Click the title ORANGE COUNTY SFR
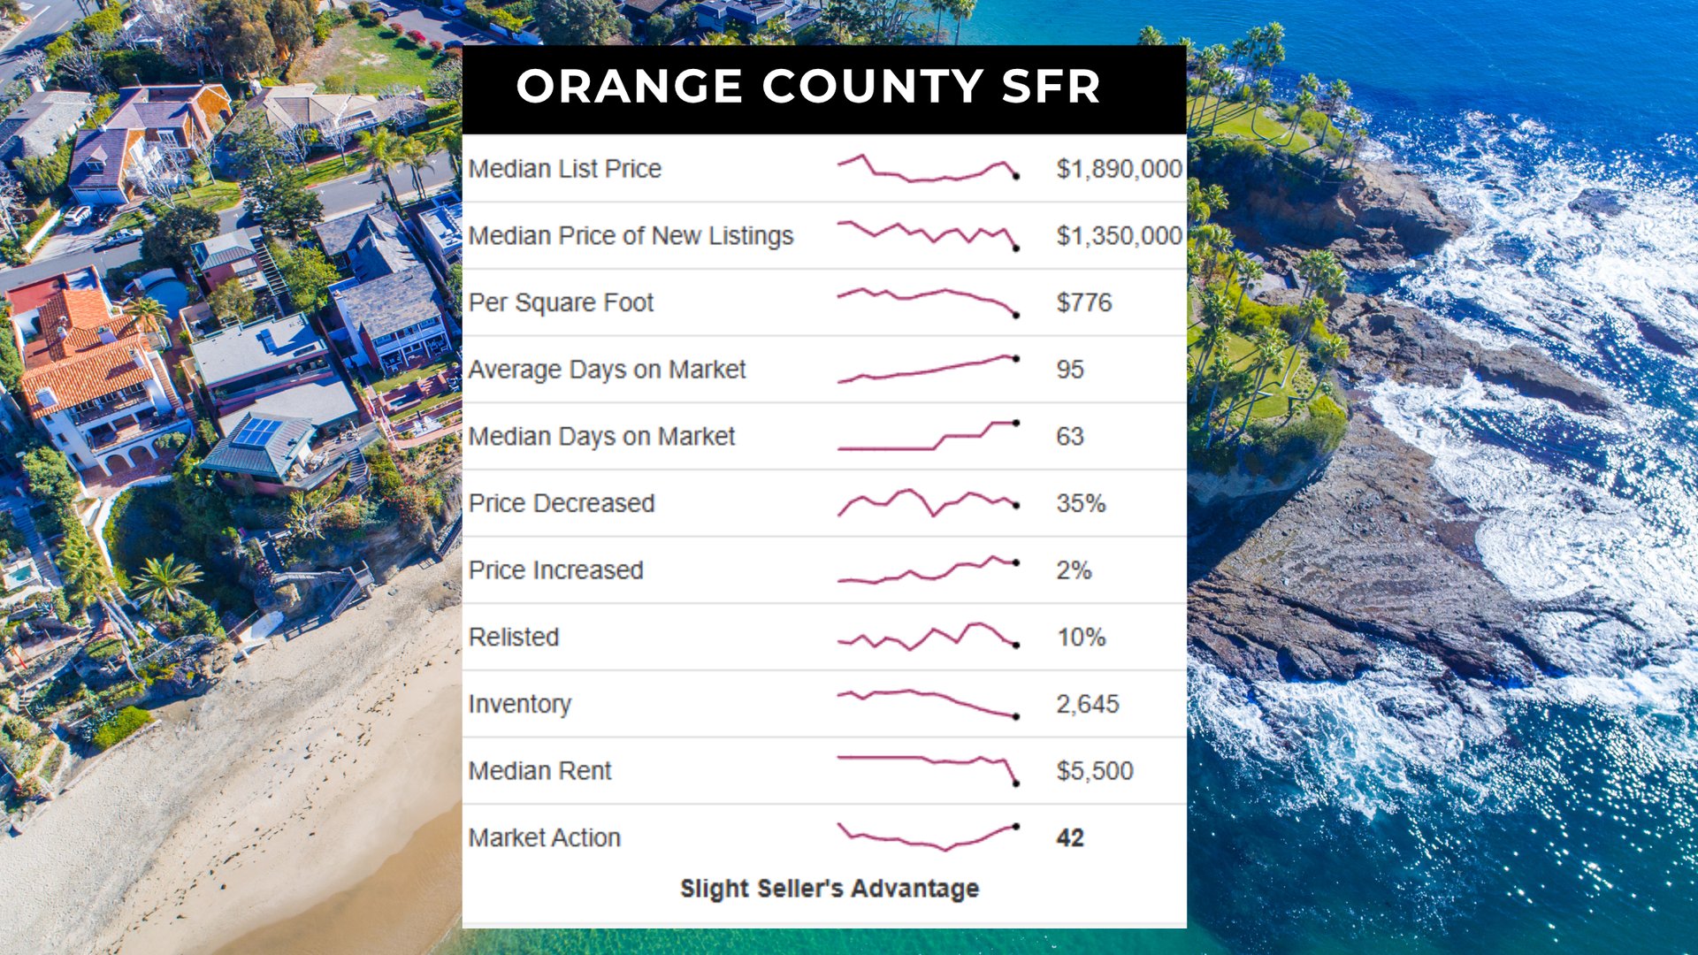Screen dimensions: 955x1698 pyautogui.click(x=807, y=87)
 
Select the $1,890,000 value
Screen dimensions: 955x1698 pyautogui.click(x=1119, y=168)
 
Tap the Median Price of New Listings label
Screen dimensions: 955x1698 pyautogui.click(x=631, y=235)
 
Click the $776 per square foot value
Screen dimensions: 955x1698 pyautogui.click(x=1083, y=302)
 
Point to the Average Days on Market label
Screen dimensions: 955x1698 pyautogui.click(x=607, y=369)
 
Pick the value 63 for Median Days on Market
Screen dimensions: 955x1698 pyautogui.click(x=1069, y=436)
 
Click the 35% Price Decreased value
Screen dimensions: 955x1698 pyautogui.click(x=1081, y=503)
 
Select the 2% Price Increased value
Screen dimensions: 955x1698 pyautogui.click(x=1074, y=570)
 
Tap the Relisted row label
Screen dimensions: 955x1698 pyautogui.click(x=514, y=637)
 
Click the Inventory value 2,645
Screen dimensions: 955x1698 pyautogui.click(x=1087, y=704)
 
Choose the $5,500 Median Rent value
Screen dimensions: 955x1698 pyautogui.click(x=1094, y=771)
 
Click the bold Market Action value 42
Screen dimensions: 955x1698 pyautogui.click(x=1069, y=837)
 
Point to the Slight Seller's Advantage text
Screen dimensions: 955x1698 pyautogui.click(x=829, y=888)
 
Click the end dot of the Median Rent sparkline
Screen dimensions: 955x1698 pyautogui.click(x=1016, y=783)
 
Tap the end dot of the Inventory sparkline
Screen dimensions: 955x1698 pyautogui.click(x=1016, y=716)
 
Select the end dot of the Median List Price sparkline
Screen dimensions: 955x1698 pyautogui.click(x=1016, y=177)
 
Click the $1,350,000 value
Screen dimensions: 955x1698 pyautogui.click(x=1119, y=235)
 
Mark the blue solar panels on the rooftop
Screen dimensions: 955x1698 pyautogui.click(x=257, y=432)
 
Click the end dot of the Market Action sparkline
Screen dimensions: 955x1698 pyautogui.click(x=1016, y=827)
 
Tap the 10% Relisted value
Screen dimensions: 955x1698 pyautogui.click(x=1081, y=637)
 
